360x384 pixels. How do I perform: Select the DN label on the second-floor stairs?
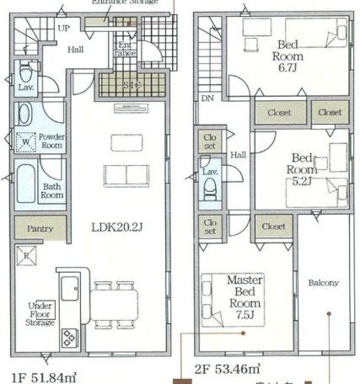207,99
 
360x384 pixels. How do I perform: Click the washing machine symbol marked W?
25,142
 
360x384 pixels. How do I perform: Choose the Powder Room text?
52,140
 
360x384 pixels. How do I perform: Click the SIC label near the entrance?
132,84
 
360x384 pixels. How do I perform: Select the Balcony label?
323,282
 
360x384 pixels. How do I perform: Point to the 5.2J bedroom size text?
302,180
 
